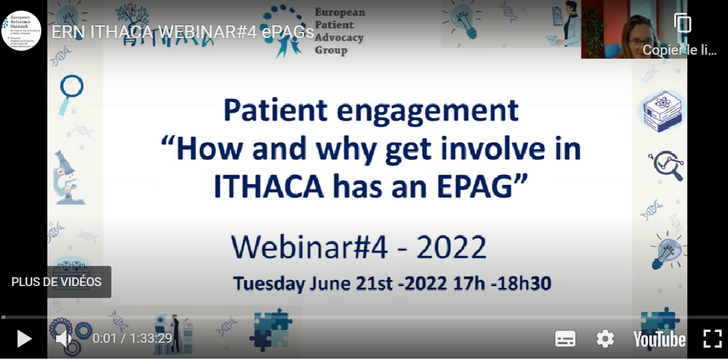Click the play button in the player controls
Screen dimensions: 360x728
[24, 339]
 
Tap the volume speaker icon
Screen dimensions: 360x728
[64, 339]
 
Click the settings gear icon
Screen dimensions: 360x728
[605, 339]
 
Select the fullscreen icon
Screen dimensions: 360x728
[713, 339]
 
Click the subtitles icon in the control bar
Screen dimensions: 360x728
[565, 339]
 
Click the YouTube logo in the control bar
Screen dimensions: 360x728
[659, 339]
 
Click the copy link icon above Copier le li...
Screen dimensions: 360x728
[683, 23]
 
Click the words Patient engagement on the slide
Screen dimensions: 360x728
[371, 111]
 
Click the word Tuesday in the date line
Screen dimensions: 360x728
[269, 283]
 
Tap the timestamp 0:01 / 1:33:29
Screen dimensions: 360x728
[132, 339]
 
